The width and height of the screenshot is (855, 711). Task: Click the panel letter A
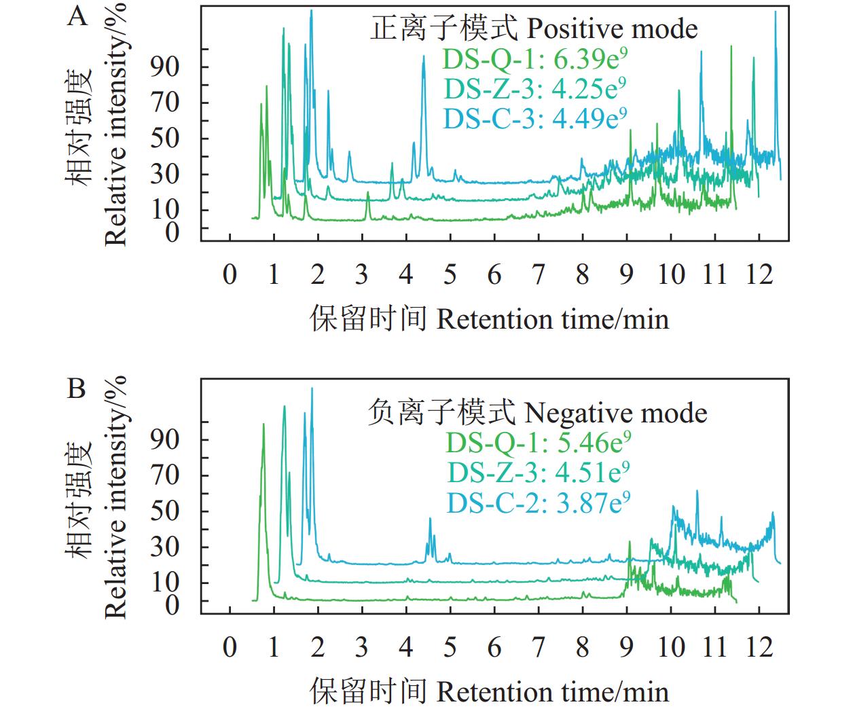tap(78, 16)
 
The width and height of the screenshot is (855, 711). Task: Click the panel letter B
tap(77, 388)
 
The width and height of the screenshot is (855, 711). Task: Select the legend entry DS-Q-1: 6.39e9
tap(534, 60)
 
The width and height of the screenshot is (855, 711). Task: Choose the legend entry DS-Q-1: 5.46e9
tap(539, 443)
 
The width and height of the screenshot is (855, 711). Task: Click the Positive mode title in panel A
tap(534, 29)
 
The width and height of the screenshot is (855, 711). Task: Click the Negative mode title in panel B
tap(537, 412)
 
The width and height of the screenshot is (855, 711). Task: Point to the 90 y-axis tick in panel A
tap(165, 67)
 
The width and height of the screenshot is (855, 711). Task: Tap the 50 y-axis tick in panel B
tap(165, 511)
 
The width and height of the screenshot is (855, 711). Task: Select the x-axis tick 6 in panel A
tap(494, 274)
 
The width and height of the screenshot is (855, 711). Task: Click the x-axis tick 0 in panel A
tap(230, 274)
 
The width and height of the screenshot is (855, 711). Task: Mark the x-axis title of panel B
tap(490, 691)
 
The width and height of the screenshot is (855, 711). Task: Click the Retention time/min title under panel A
tap(490, 318)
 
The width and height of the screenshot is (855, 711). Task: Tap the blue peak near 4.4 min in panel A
tap(424, 58)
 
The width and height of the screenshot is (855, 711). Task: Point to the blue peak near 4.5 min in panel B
tap(430, 519)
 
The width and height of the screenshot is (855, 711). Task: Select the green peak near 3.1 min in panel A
tap(367, 194)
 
